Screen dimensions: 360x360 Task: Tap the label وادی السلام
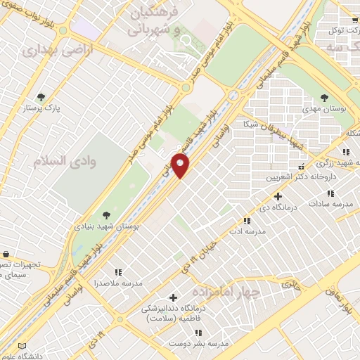64,160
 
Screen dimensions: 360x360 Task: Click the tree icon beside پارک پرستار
41,97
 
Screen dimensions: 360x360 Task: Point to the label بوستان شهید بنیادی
107,227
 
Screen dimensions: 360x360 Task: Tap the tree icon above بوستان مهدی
323,98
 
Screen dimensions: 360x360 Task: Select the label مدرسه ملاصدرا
118,283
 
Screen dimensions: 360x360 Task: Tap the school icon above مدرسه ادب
247,220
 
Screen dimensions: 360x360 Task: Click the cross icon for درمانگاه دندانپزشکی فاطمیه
173,297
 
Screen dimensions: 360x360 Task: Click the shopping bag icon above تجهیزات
6,254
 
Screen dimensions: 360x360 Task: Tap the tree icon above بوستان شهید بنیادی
106,216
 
